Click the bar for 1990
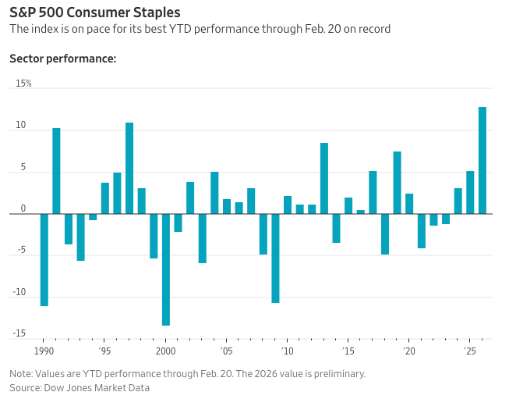point(44,259)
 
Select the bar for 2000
point(166,269)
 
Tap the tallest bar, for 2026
point(482,160)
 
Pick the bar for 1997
point(129,168)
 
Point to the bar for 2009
point(275,258)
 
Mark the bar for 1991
point(56,170)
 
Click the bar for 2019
point(397,182)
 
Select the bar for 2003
point(203,238)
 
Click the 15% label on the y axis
point(23,84)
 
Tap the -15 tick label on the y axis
point(19,334)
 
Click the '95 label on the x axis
point(104,351)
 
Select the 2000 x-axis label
point(165,351)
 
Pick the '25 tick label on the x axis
point(469,351)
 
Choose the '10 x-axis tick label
point(287,351)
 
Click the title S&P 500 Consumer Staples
point(95,12)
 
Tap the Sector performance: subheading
point(62,59)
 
